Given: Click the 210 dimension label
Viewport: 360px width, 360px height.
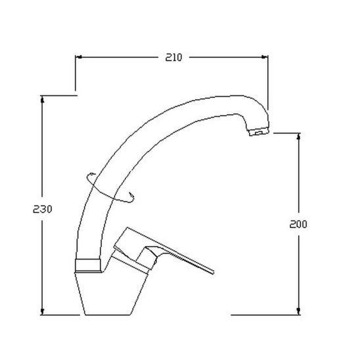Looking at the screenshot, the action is coord(173,57).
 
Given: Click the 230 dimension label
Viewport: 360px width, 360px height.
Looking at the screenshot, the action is coord(43,209).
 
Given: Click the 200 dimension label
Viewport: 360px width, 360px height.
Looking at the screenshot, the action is coord(298,224).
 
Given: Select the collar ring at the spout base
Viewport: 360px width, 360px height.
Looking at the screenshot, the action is coord(88,265).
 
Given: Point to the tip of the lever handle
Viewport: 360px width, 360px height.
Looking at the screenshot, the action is coord(213,272).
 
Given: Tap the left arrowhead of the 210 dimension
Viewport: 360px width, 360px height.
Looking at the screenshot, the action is coord(79,57).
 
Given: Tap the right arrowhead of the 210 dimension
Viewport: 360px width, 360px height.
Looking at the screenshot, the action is coord(265,57).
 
